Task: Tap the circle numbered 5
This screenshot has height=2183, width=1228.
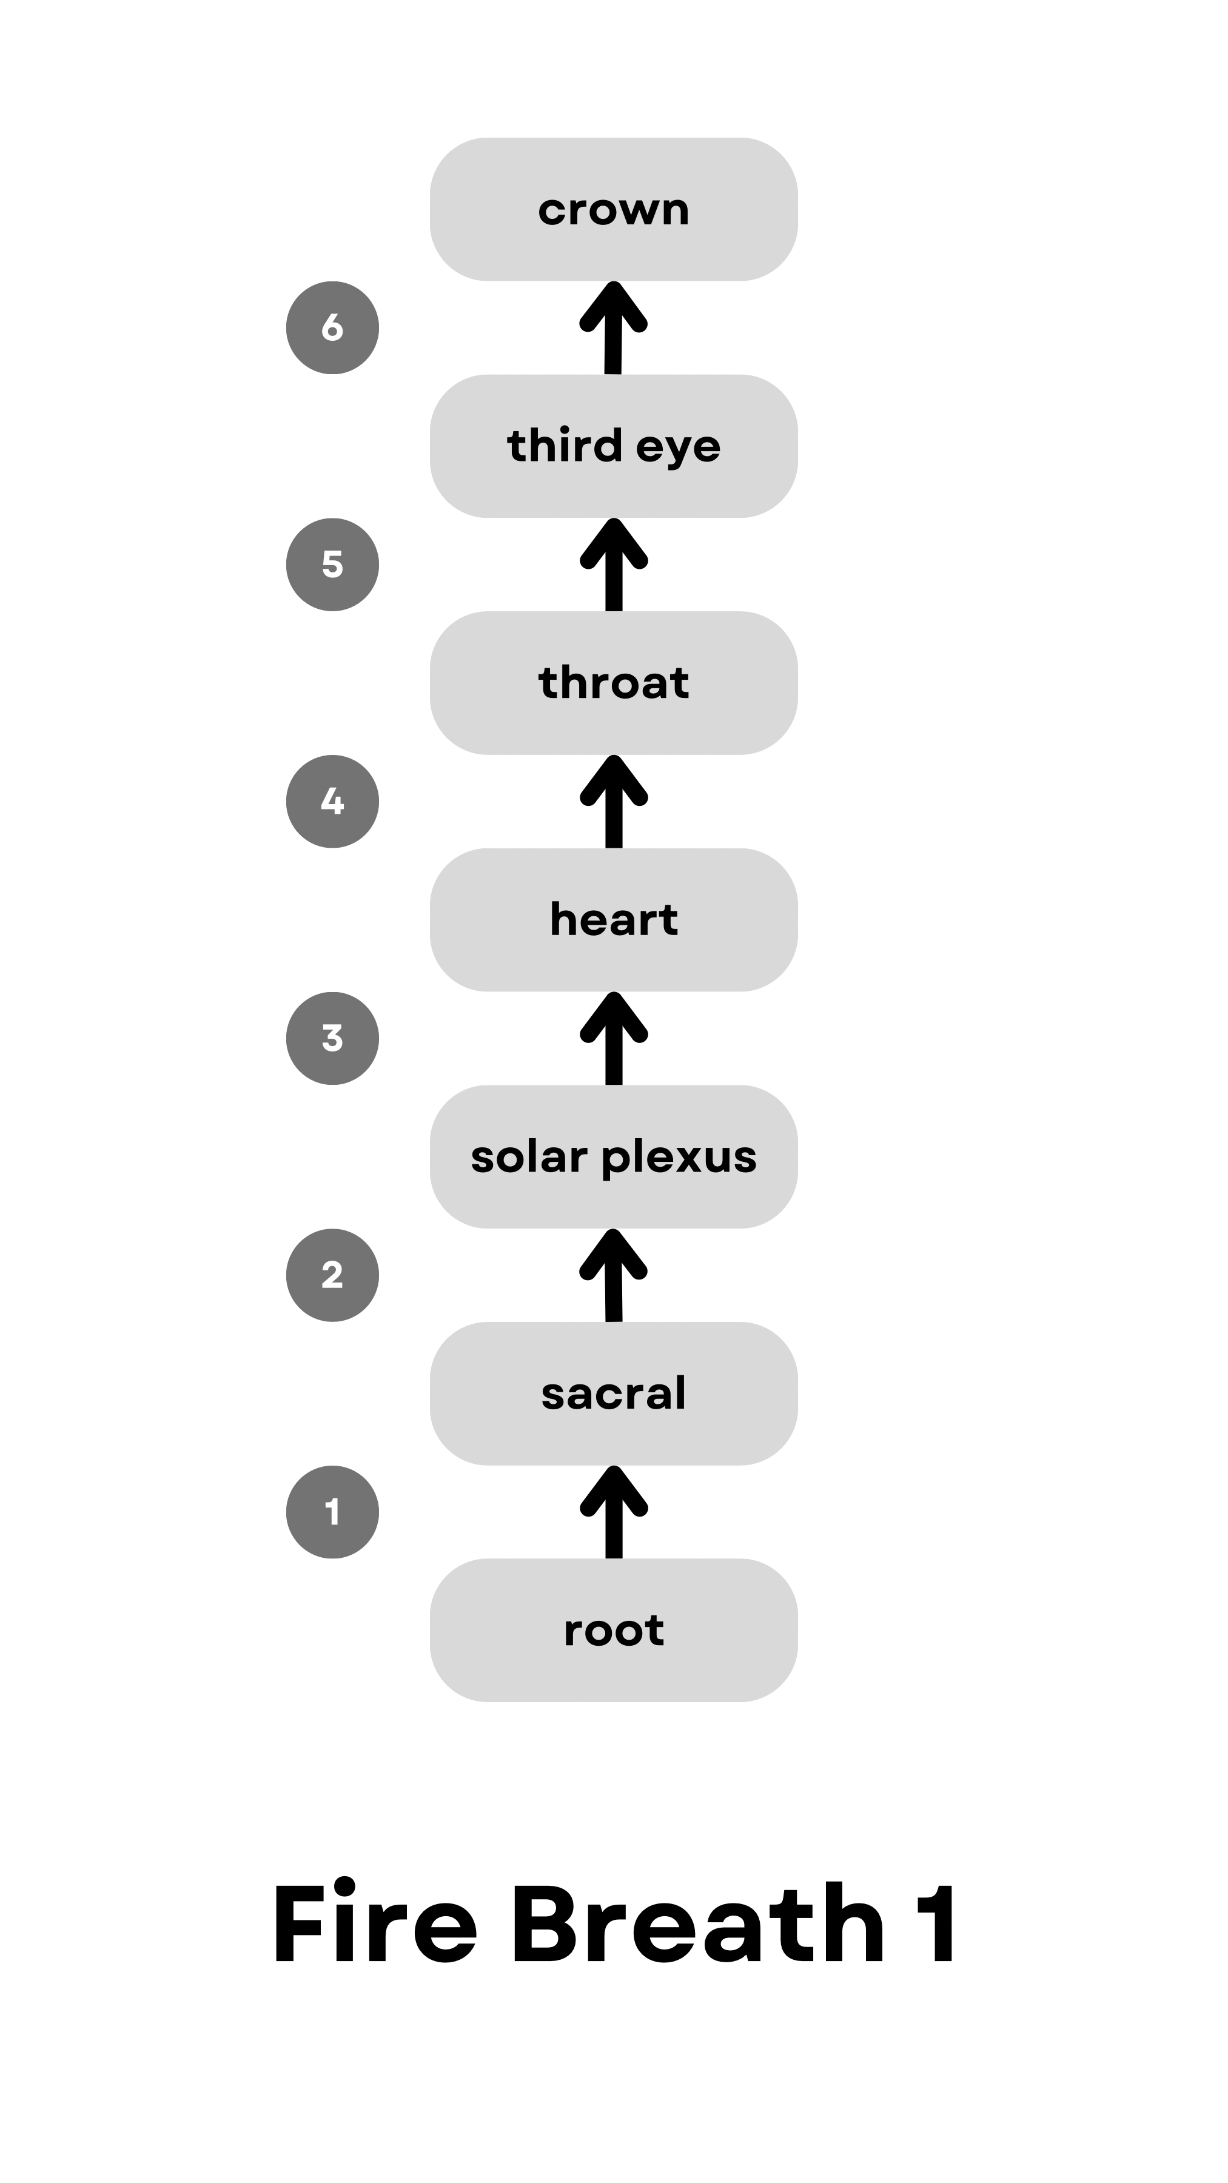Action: (x=332, y=565)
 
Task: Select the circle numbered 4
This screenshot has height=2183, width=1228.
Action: (x=332, y=802)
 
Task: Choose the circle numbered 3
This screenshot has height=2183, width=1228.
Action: (x=332, y=1038)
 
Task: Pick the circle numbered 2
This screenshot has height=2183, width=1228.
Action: (x=332, y=1275)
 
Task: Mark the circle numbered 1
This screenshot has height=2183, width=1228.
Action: (x=332, y=1512)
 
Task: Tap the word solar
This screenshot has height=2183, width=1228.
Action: (x=529, y=1157)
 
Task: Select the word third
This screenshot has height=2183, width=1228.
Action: (x=565, y=446)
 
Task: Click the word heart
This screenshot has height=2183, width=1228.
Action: (x=614, y=919)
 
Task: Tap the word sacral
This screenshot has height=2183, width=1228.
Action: (x=614, y=1394)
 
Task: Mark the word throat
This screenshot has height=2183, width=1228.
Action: (x=614, y=683)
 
